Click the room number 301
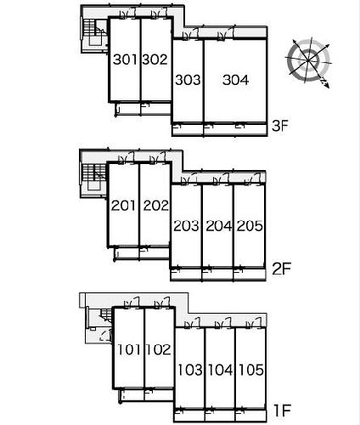[125, 59]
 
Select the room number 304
[235, 80]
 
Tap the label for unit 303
[188, 80]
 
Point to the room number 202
[155, 206]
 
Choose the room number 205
[250, 226]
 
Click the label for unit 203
[186, 226]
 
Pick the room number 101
[129, 349]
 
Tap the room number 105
[251, 370]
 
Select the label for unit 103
[190, 370]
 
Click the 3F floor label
[279, 126]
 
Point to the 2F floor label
[281, 269]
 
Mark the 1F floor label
[282, 411]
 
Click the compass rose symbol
[309, 61]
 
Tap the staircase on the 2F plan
[93, 179]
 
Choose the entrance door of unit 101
[132, 303]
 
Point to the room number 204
[218, 226]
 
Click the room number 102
[159, 349]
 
